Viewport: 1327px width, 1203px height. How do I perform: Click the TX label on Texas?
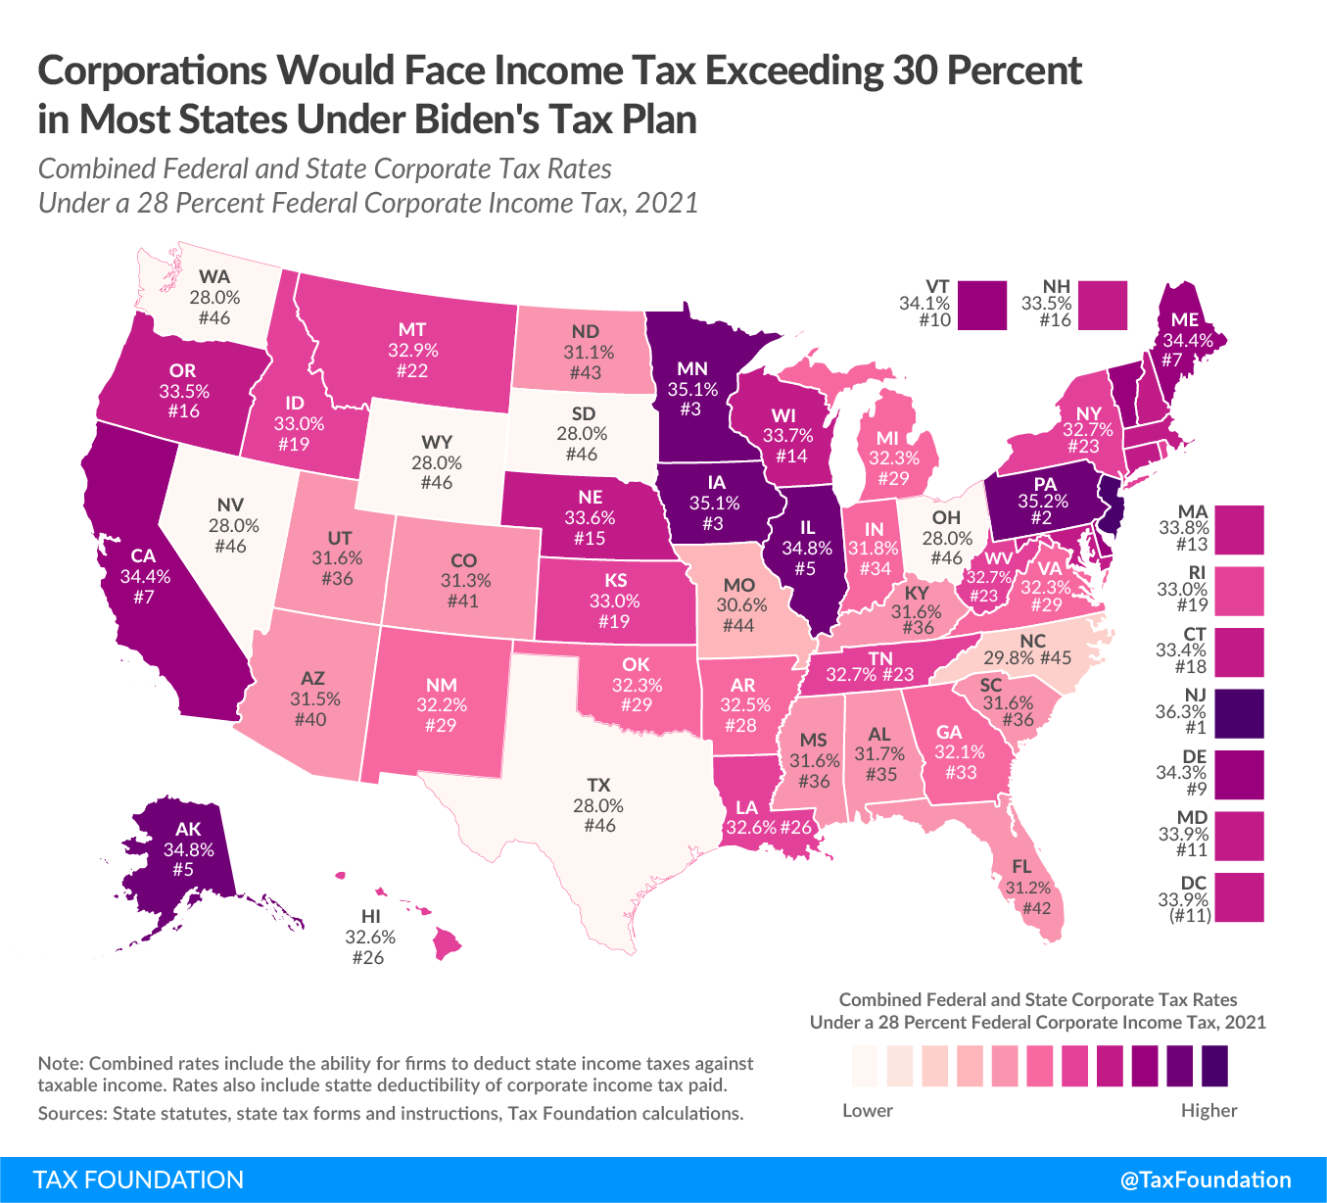pyautogui.click(x=598, y=785)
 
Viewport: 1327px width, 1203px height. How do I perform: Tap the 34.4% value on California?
pyautogui.click(x=145, y=577)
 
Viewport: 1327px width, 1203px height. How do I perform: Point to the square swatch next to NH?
pyautogui.click(x=1102, y=305)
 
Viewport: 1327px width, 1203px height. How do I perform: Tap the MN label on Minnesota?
pyautogui.click(x=692, y=368)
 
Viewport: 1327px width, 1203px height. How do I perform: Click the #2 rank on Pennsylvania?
pyautogui.click(x=1041, y=518)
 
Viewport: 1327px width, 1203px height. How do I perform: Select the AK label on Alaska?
pyautogui.click(x=188, y=830)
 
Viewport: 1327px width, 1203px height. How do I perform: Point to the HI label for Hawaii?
pyautogui.click(x=370, y=916)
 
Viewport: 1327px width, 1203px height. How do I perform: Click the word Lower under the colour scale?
pyautogui.click(x=868, y=1110)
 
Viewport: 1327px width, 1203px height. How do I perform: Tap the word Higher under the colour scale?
pyautogui.click(x=1209, y=1110)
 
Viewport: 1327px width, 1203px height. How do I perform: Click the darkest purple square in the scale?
pyautogui.click(x=1214, y=1066)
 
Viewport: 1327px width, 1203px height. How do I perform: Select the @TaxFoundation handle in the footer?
pyautogui.click(x=1206, y=1179)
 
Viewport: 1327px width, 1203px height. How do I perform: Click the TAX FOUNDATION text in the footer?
pyautogui.click(x=138, y=1179)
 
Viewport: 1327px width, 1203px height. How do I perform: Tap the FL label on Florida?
pyautogui.click(x=1022, y=867)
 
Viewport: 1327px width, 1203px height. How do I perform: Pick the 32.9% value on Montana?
pyautogui.click(x=412, y=350)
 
